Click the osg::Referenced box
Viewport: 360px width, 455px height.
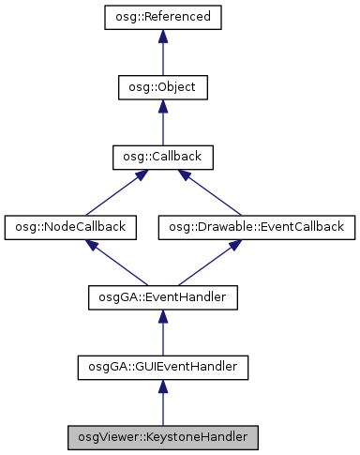(162, 17)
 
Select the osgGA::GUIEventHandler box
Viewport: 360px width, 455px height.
(162, 367)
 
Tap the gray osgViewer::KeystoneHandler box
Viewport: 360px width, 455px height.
(162, 436)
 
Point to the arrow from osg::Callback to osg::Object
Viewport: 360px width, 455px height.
(162, 122)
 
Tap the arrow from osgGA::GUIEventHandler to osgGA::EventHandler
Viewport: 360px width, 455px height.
(162, 332)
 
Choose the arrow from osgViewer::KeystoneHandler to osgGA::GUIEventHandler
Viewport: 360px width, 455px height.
(162, 402)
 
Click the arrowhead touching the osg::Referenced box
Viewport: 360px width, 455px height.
(162, 36)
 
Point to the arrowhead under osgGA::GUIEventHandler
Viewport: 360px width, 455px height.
(162, 386)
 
